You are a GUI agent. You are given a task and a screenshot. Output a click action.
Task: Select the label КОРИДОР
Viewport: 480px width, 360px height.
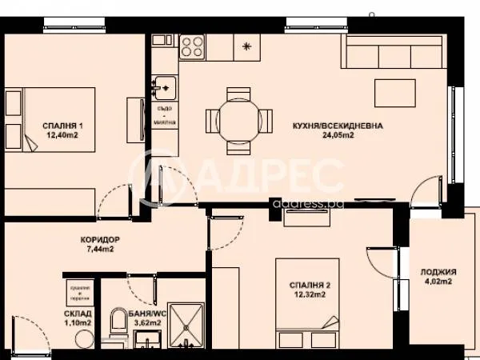tap(100, 239)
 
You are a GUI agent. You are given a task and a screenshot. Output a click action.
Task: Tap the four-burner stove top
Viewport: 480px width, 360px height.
tap(193, 46)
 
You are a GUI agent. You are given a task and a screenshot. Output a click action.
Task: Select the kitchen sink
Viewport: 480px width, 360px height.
tap(164, 85)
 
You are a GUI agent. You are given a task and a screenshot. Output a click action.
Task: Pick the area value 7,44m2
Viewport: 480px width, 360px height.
tap(100, 250)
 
